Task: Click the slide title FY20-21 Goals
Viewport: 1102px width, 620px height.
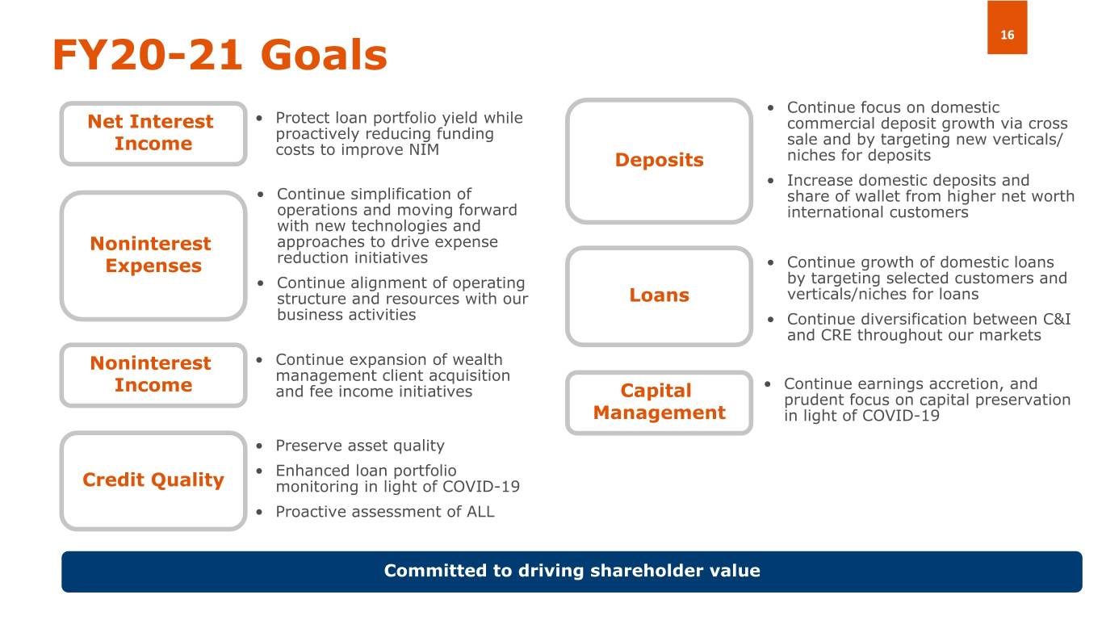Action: tap(220, 55)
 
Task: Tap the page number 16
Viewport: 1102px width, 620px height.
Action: tap(1007, 35)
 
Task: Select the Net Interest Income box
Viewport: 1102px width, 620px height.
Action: tap(153, 133)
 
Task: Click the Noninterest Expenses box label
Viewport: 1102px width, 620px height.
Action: tap(151, 254)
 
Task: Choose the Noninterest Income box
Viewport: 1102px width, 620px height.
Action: tap(153, 375)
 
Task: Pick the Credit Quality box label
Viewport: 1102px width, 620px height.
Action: tap(153, 480)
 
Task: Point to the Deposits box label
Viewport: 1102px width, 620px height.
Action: tap(660, 160)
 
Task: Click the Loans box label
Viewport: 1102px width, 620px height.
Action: tap(660, 295)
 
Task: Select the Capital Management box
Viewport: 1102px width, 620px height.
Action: tap(660, 403)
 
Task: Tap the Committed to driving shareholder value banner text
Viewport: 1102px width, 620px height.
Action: tap(572, 571)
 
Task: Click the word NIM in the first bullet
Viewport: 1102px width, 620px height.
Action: tap(424, 149)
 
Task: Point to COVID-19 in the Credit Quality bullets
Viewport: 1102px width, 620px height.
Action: tap(481, 487)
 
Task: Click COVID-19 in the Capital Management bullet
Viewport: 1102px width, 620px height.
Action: tap(901, 416)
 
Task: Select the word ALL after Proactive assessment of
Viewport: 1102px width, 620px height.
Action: tap(480, 512)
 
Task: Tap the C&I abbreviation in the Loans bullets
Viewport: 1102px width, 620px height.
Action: tap(1057, 320)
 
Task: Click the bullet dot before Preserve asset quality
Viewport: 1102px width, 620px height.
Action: tap(259, 446)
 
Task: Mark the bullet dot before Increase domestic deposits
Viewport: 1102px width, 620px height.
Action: tap(770, 181)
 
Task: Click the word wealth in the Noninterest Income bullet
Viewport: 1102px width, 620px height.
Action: tap(477, 360)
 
